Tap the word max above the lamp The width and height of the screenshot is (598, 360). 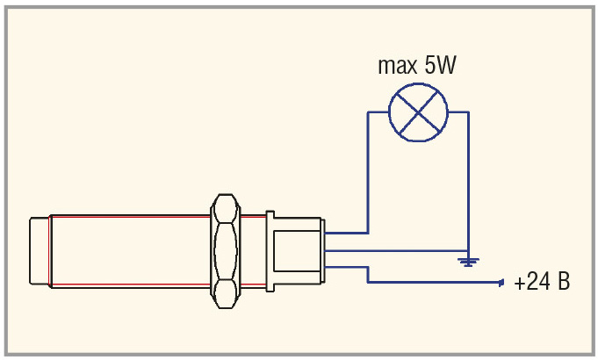click(x=398, y=66)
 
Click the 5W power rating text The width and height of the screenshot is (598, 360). click(x=440, y=65)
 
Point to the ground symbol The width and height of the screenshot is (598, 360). click(x=468, y=262)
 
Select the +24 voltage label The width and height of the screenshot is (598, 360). click(x=531, y=282)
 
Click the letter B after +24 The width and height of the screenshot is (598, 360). click(x=564, y=282)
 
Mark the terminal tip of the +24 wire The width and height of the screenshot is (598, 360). click(x=502, y=283)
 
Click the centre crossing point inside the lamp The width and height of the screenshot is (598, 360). click(x=418, y=112)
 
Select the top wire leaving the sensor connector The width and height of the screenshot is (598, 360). click(x=346, y=233)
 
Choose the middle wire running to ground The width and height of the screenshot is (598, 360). click(x=396, y=251)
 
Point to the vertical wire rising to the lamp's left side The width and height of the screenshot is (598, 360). click(x=368, y=172)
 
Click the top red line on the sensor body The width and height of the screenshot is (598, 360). click(x=130, y=217)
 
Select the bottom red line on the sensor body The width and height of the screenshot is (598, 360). click(x=130, y=284)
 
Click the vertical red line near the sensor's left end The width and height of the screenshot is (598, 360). click(x=49, y=251)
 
